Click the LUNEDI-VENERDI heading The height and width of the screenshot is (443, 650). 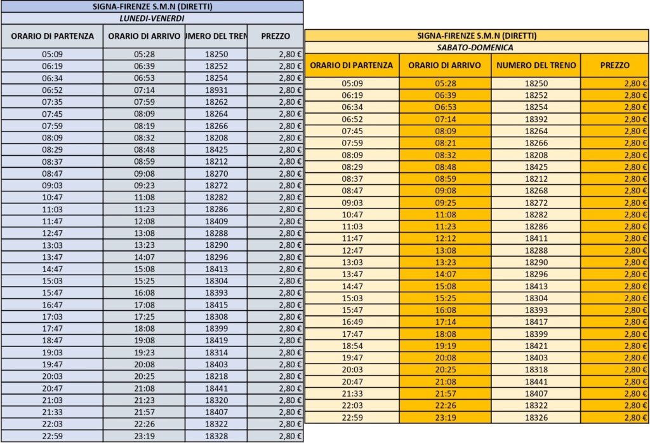pos(152,18)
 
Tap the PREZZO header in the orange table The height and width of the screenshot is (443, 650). pos(614,65)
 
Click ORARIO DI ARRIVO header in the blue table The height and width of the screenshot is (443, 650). pos(144,36)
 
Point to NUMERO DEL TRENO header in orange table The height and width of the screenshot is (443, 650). pos(536,65)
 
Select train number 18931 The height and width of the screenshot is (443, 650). pos(216,90)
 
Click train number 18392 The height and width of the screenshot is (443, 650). pos(536,119)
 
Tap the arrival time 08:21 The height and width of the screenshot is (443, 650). pos(445,143)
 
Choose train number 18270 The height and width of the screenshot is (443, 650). pos(216,174)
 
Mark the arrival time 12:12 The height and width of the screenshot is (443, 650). pos(445,238)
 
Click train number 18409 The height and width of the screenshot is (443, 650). pos(216,221)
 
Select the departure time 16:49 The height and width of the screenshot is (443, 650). pos(352,322)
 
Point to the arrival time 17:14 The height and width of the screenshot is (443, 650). pos(445,322)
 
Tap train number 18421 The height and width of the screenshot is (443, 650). pos(536,346)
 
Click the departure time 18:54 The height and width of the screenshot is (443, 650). pos(352,346)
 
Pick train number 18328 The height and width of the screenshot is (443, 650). pos(216,436)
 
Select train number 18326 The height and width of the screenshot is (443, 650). pos(536,418)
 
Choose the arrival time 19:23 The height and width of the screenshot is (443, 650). pos(144,352)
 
